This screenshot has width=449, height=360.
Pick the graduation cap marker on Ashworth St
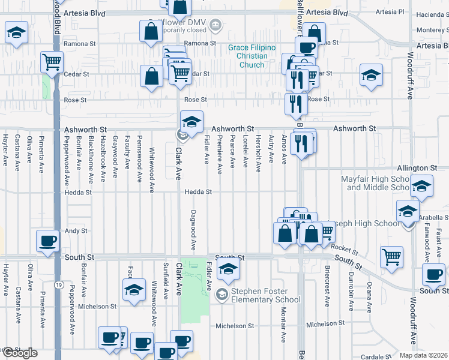point(191,122)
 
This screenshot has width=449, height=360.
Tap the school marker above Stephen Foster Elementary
point(228,271)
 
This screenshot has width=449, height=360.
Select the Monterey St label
point(432,29)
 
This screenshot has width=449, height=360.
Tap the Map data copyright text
point(424,355)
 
